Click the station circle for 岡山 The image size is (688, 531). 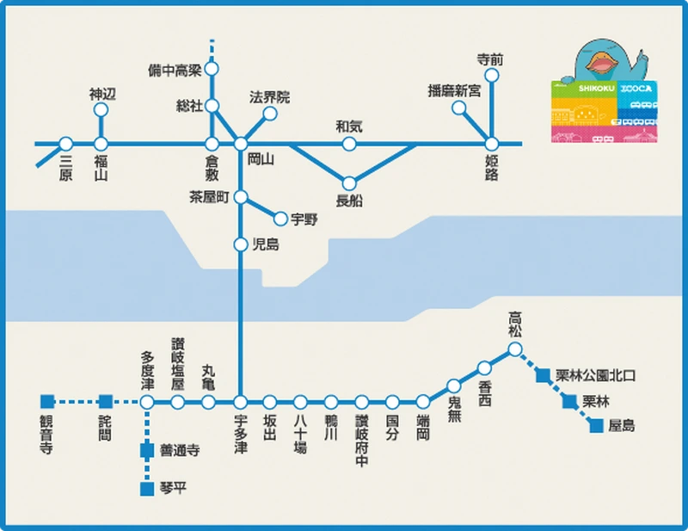tap(241, 144)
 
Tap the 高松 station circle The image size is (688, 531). tap(514, 349)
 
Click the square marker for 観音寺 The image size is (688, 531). tap(46, 401)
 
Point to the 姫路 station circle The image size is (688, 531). tap(492, 144)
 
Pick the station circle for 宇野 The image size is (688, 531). tap(280, 219)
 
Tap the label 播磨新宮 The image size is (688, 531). tap(454, 90)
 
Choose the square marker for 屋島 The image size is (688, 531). tap(596, 425)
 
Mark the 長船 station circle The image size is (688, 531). tap(349, 182)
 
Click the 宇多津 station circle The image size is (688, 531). tap(241, 402)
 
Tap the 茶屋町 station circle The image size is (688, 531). tap(241, 196)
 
